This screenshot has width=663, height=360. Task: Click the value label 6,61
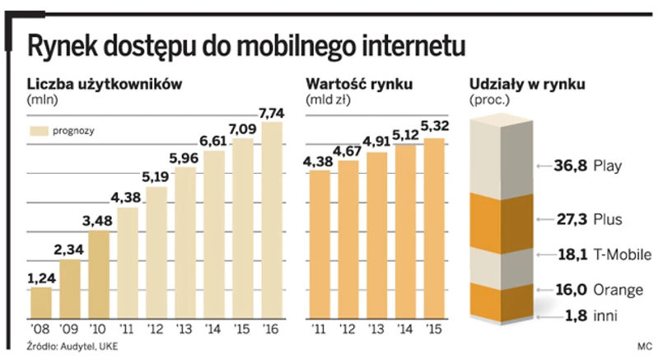[x=212, y=142]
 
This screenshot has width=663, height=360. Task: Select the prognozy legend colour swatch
[x=40, y=131]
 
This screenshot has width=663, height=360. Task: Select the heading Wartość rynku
[x=358, y=84]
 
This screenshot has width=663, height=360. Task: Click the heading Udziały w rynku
[x=526, y=84]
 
